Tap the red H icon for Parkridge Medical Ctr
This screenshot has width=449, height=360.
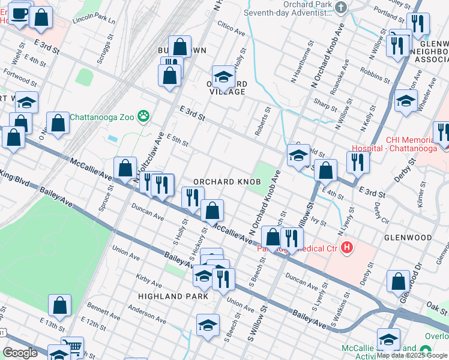pos(346,247)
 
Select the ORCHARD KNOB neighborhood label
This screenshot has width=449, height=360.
pos(227,182)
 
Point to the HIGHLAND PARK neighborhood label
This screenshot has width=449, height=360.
pos(173,296)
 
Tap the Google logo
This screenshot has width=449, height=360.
pos(20,353)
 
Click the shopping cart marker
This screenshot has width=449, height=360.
pos(71,346)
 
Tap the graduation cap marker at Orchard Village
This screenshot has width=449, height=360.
pos(223,77)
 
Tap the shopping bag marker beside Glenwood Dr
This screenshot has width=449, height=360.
pos(398,281)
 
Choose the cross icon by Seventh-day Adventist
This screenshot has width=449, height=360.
pos(342,8)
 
